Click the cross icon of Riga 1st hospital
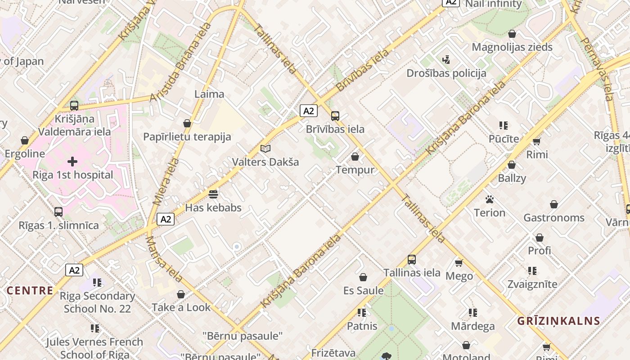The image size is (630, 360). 72,161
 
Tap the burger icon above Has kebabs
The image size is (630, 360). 213,194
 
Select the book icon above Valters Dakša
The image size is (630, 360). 265,148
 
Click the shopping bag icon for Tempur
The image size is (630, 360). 355,157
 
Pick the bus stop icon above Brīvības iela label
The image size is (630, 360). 335,116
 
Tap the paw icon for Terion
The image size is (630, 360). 490,199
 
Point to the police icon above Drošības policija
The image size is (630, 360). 446,59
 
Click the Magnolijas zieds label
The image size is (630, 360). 512,47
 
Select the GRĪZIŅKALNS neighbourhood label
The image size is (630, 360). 558,321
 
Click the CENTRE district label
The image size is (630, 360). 30,290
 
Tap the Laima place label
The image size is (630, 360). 209,94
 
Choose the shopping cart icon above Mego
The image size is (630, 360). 459,263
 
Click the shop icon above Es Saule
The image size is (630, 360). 363,277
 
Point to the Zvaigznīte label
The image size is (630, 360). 532,284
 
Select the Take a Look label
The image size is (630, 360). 181,307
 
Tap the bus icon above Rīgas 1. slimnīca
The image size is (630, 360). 58,211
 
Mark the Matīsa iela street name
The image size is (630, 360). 164,259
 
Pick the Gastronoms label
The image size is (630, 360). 554,218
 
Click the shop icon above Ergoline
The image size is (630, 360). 25,140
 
